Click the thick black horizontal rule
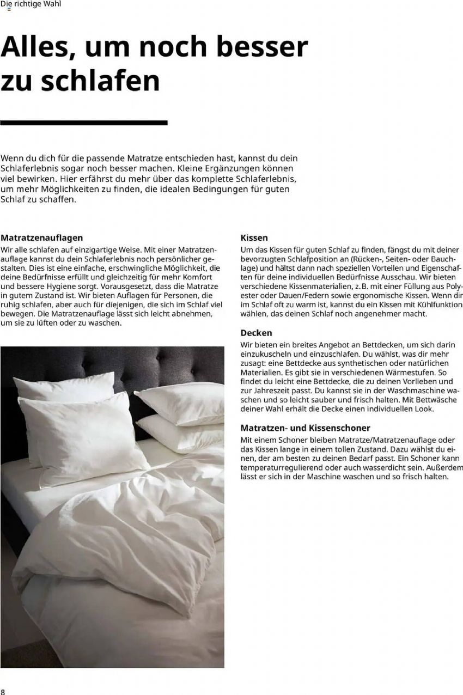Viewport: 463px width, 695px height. coord(84,123)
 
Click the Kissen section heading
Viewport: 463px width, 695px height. coord(254,238)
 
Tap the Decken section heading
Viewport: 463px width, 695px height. coord(256,333)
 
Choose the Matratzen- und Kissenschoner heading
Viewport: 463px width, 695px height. coord(305,428)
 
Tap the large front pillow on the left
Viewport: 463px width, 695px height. coord(82,430)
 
